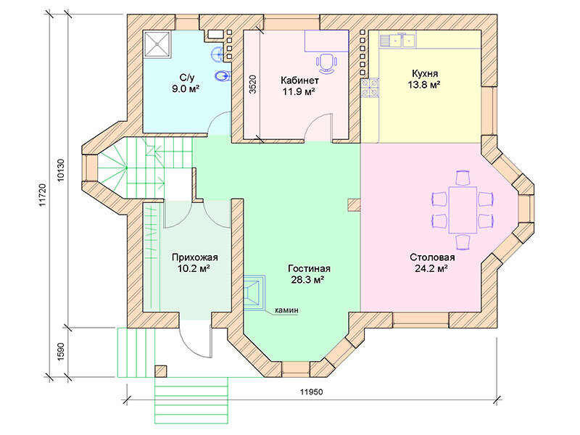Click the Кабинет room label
click(x=299, y=80)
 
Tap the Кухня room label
click(x=425, y=73)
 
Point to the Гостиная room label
click(x=310, y=268)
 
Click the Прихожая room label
click(x=195, y=257)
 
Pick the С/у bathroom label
click(x=187, y=78)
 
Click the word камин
click(x=286, y=310)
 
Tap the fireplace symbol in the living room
click(x=254, y=292)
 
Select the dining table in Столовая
click(x=463, y=210)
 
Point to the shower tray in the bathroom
click(x=157, y=44)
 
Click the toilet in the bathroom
click(x=223, y=76)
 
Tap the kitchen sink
click(x=397, y=41)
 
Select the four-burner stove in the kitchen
click(x=370, y=88)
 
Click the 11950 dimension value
click(x=311, y=392)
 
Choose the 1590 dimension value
click(x=62, y=352)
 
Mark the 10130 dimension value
click(x=62, y=170)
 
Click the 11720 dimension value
click(x=42, y=195)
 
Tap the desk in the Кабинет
click(x=327, y=41)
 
